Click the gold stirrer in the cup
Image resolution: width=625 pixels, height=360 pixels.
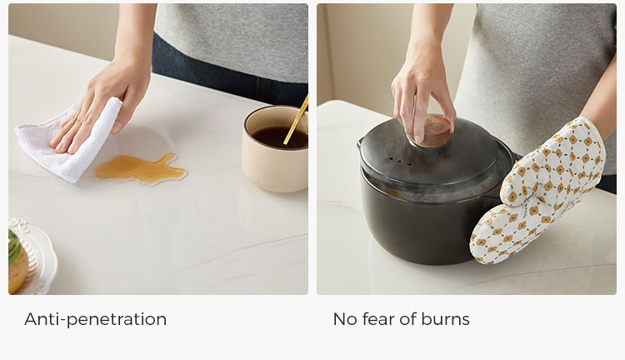[x=296, y=120]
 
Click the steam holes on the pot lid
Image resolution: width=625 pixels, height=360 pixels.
[x=399, y=162]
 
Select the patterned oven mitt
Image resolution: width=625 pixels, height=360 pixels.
[x=536, y=192]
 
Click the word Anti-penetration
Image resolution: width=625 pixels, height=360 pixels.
[x=95, y=319]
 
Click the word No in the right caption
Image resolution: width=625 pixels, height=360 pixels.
[x=345, y=319]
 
